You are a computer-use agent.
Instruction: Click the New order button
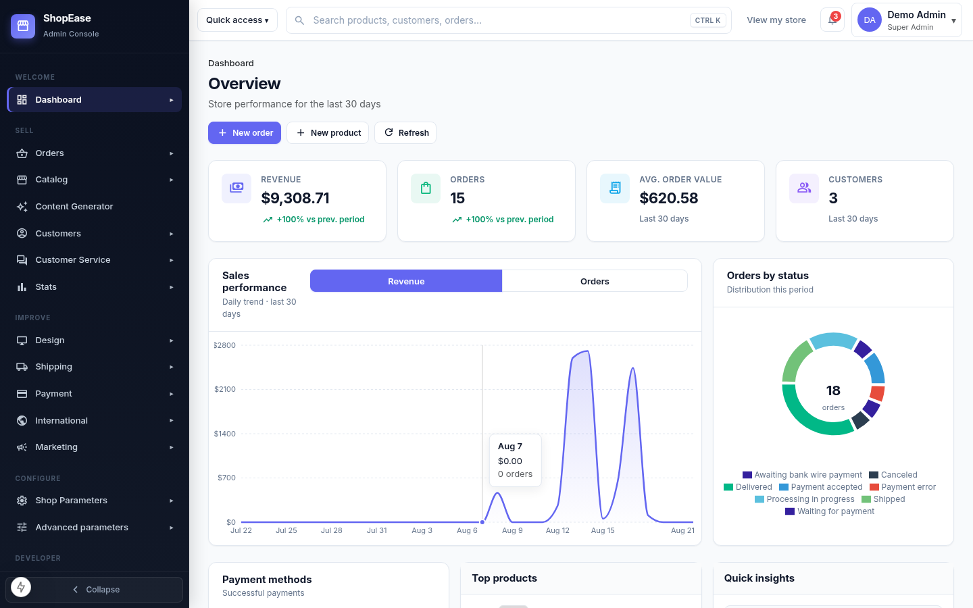(x=245, y=132)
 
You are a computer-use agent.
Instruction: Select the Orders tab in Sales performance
(x=595, y=281)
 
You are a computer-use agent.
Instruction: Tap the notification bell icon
(x=832, y=20)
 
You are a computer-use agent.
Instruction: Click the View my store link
(x=776, y=20)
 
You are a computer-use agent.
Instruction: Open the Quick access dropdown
(x=237, y=20)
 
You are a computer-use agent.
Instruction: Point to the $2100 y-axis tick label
(x=225, y=389)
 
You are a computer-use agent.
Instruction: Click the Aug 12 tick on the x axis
(x=557, y=530)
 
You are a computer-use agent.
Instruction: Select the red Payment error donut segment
(x=878, y=393)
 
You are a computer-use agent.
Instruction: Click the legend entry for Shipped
(x=883, y=499)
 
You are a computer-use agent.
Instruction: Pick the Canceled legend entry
(x=893, y=475)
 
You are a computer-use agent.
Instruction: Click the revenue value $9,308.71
(x=295, y=198)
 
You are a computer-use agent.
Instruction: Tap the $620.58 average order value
(x=668, y=198)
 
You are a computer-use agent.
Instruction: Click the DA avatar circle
(x=869, y=20)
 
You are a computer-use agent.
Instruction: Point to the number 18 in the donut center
(x=833, y=390)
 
